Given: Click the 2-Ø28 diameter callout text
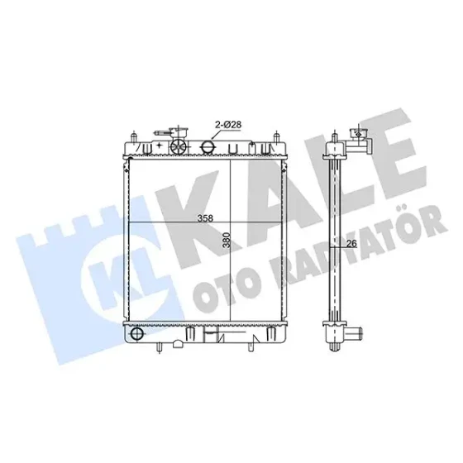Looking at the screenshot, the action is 228,125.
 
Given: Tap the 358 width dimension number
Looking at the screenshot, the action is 205,218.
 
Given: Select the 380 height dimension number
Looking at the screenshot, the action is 227,240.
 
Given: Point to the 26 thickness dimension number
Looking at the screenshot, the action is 351,244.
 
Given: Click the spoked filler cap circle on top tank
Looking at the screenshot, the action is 179,146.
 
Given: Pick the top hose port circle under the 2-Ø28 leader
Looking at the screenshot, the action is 208,147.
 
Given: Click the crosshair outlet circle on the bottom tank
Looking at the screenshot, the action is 136,334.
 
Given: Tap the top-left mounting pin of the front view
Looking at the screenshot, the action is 134,136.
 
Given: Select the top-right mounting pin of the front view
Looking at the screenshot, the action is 276,136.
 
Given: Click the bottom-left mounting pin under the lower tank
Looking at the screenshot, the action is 159,347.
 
